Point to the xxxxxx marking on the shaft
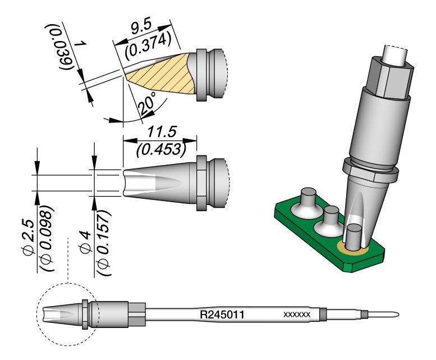tap(297, 315)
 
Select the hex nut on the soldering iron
tap(391, 79)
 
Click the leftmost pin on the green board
tap(309, 200)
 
